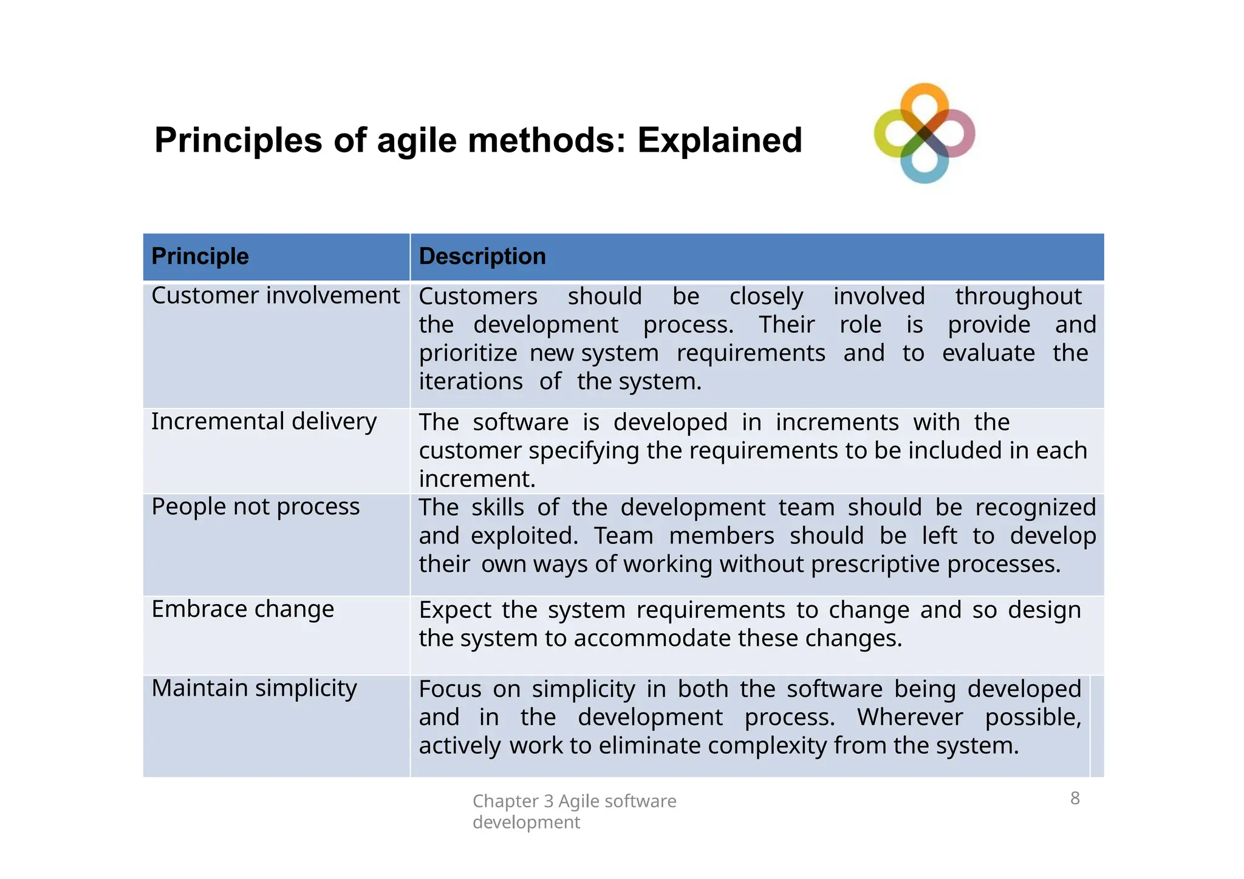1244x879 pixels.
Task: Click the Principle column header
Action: (x=200, y=256)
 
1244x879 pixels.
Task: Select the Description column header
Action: (x=482, y=256)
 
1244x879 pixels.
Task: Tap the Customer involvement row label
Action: (x=275, y=296)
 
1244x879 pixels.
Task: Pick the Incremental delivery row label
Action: (x=264, y=421)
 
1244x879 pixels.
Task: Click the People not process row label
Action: (x=255, y=507)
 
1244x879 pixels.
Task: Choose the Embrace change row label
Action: (x=242, y=609)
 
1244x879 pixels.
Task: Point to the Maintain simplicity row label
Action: (x=254, y=688)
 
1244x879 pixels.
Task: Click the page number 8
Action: (x=1075, y=798)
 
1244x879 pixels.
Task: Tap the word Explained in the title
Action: (x=720, y=140)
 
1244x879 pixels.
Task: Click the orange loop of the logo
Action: (x=924, y=97)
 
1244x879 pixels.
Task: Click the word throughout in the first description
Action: (x=1018, y=296)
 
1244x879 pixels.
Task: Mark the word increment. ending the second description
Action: (x=477, y=479)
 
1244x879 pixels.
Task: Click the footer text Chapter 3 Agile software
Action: (x=574, y=801)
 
